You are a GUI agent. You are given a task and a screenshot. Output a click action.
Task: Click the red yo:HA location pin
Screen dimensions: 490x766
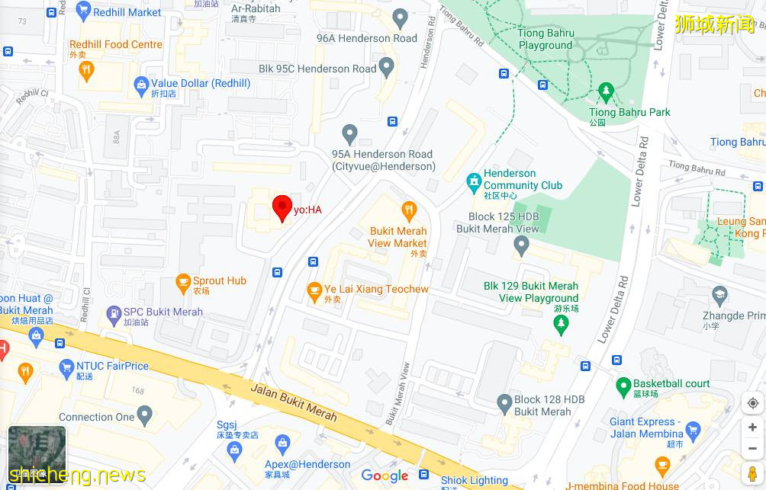tap(282, 207)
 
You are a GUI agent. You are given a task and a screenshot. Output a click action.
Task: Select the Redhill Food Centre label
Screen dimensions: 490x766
tap(116, 45)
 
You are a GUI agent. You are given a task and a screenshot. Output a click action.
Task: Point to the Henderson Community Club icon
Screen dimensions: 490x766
tap(474, 183)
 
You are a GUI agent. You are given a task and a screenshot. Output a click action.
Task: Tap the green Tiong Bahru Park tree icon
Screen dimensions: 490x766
tap(607, 93)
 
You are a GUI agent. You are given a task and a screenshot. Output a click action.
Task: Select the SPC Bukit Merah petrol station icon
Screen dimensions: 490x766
tap(114, 312)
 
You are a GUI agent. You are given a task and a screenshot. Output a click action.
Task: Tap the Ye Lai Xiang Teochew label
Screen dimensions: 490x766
tap(376, 289)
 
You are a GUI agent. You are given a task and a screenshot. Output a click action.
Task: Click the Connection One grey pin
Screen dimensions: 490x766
tap(144, 415)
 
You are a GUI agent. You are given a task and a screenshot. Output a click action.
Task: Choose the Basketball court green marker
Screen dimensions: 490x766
tap(622, 385)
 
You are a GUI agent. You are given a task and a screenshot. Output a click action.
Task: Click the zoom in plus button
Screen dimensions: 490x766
tap(752, 427)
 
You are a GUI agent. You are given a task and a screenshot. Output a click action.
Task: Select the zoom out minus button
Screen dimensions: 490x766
tap(752, 449)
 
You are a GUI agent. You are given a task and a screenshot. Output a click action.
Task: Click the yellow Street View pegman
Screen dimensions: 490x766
tap(752, 474)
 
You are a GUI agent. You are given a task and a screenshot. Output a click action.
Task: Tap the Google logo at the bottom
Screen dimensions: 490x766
tap(385, 476)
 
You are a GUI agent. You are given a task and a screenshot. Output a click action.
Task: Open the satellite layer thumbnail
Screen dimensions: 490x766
tap(37, 454)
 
